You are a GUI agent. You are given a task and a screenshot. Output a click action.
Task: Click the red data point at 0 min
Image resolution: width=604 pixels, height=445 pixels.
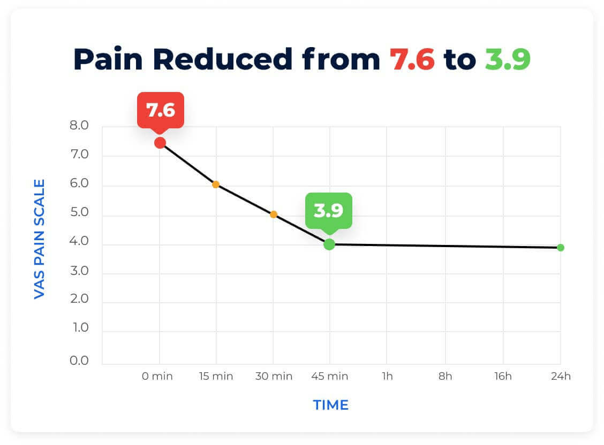pyautogui.click(x=160, y=142)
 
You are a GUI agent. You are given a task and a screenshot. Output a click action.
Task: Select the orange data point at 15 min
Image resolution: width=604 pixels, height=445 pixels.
pyautogui.click(x=215, y=185)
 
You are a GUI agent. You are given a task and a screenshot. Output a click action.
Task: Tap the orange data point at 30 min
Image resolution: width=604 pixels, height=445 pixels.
pyautogui.click(x=273, y=214)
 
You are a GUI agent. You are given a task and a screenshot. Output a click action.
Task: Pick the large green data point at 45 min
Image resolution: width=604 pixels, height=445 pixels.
pyautogui.click(x=329, y=244)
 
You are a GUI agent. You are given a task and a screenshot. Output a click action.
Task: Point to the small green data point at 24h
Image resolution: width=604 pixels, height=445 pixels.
pyautogui.click(x=560, y=248)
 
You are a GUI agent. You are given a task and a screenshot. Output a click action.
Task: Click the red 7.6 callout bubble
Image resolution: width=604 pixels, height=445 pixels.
pyautogui.click(x=161, y=110)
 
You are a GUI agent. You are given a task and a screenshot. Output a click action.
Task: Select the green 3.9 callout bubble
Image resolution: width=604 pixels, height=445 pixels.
pyautogui.click(x=328, y=210)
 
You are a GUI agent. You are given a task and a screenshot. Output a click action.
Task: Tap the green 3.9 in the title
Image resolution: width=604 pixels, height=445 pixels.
pyautogui.click(x=507, y=59)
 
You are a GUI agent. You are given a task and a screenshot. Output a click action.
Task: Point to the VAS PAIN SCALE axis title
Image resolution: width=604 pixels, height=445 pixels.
pyautogui.click(x=39, y=239)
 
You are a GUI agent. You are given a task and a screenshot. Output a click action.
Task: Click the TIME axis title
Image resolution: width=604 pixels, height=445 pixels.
pyautogui.click(x=330, y=405)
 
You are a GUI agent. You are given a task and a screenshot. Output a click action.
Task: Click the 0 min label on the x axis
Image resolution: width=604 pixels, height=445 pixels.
pyautogui.click(x=157, y=377)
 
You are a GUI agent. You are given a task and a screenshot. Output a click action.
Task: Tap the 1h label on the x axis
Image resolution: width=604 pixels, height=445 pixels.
pyautogui.click(x=387, y=377)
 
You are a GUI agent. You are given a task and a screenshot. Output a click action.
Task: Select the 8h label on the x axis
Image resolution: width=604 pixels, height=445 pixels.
pyautogui.click(x=445, y=377)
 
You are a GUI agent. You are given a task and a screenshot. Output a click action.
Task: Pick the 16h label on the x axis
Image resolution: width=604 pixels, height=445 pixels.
pyautogui.click(x=503, y=377)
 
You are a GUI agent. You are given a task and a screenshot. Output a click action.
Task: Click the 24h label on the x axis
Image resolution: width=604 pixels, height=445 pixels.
pyautogui.click(x=561, y=377)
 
